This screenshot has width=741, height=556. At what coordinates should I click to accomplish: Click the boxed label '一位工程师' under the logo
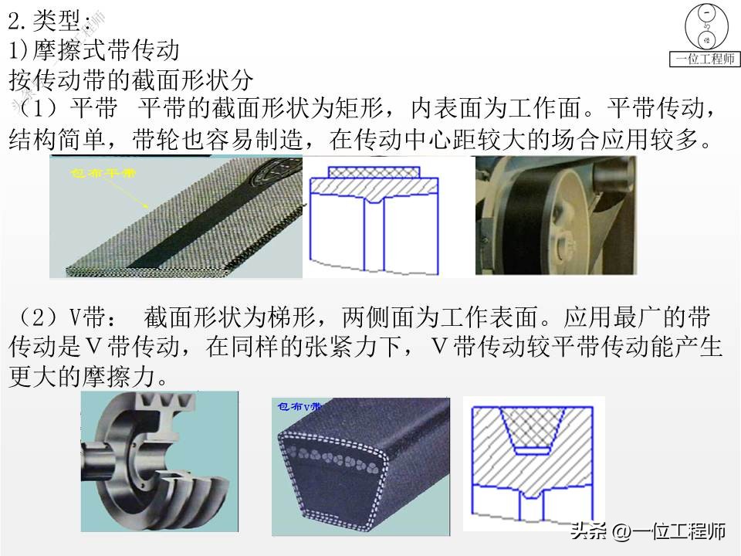coord(705,59)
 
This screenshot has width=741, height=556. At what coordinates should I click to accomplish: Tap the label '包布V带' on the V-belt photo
coord(296,405)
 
